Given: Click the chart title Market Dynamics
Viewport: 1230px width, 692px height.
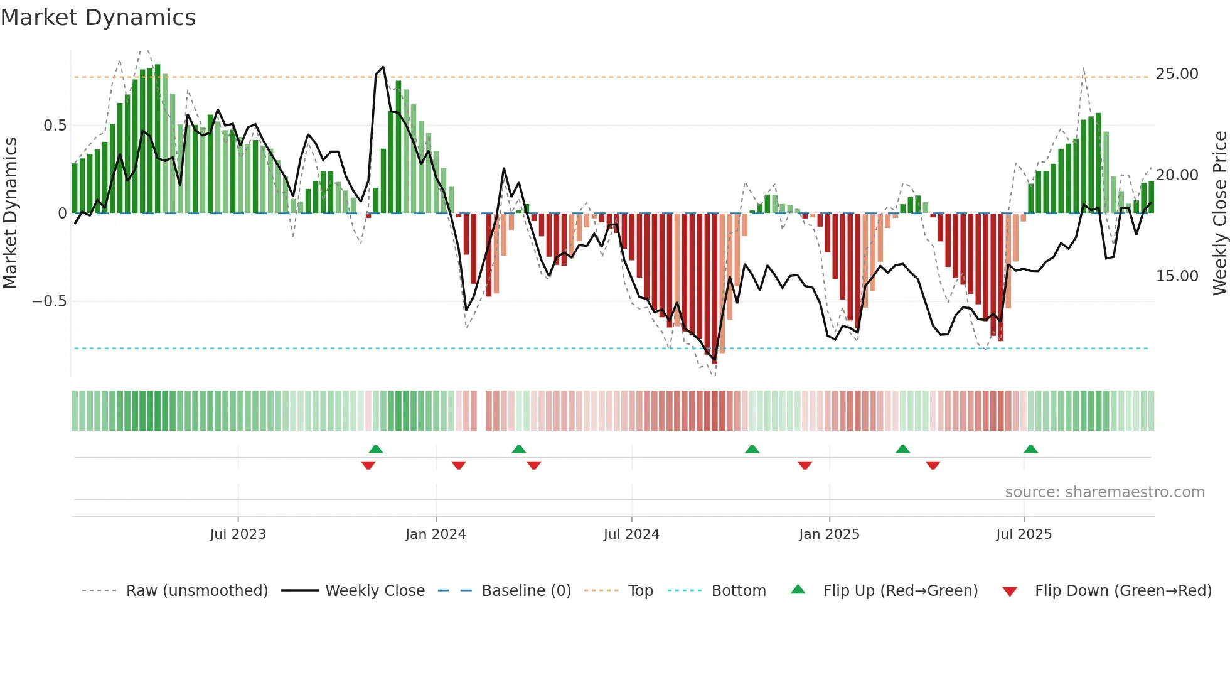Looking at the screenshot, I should click(x=98, y=18).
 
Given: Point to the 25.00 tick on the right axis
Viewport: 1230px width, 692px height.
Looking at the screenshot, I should click(x=1177, y=74).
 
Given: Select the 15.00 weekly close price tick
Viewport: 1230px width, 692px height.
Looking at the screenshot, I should click(x=1177, y=276).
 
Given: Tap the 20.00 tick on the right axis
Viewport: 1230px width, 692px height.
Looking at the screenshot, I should click(x=1177, y=175).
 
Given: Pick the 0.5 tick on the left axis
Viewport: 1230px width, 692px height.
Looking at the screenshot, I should click(x=55, y=126).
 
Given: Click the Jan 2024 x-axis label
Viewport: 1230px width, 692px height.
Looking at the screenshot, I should click(x=436, y=534).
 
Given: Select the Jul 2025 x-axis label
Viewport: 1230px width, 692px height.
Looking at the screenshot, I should click(x=1024, y=534).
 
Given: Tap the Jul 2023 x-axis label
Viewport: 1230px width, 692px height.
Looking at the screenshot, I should click(x=238, y=534).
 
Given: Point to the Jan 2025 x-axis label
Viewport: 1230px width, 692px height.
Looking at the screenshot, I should click(x=829, y=534).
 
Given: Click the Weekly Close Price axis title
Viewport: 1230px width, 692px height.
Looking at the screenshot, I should click(x=1219, y=214).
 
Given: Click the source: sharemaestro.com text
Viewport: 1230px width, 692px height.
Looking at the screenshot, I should click(x=1104, y=492).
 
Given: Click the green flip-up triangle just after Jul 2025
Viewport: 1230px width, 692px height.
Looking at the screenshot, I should click(x=1030, y=450).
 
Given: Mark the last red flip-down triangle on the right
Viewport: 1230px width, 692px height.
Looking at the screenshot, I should click(x=933, y=465).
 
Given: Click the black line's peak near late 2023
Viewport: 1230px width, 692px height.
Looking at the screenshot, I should click(x=383, y=67).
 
